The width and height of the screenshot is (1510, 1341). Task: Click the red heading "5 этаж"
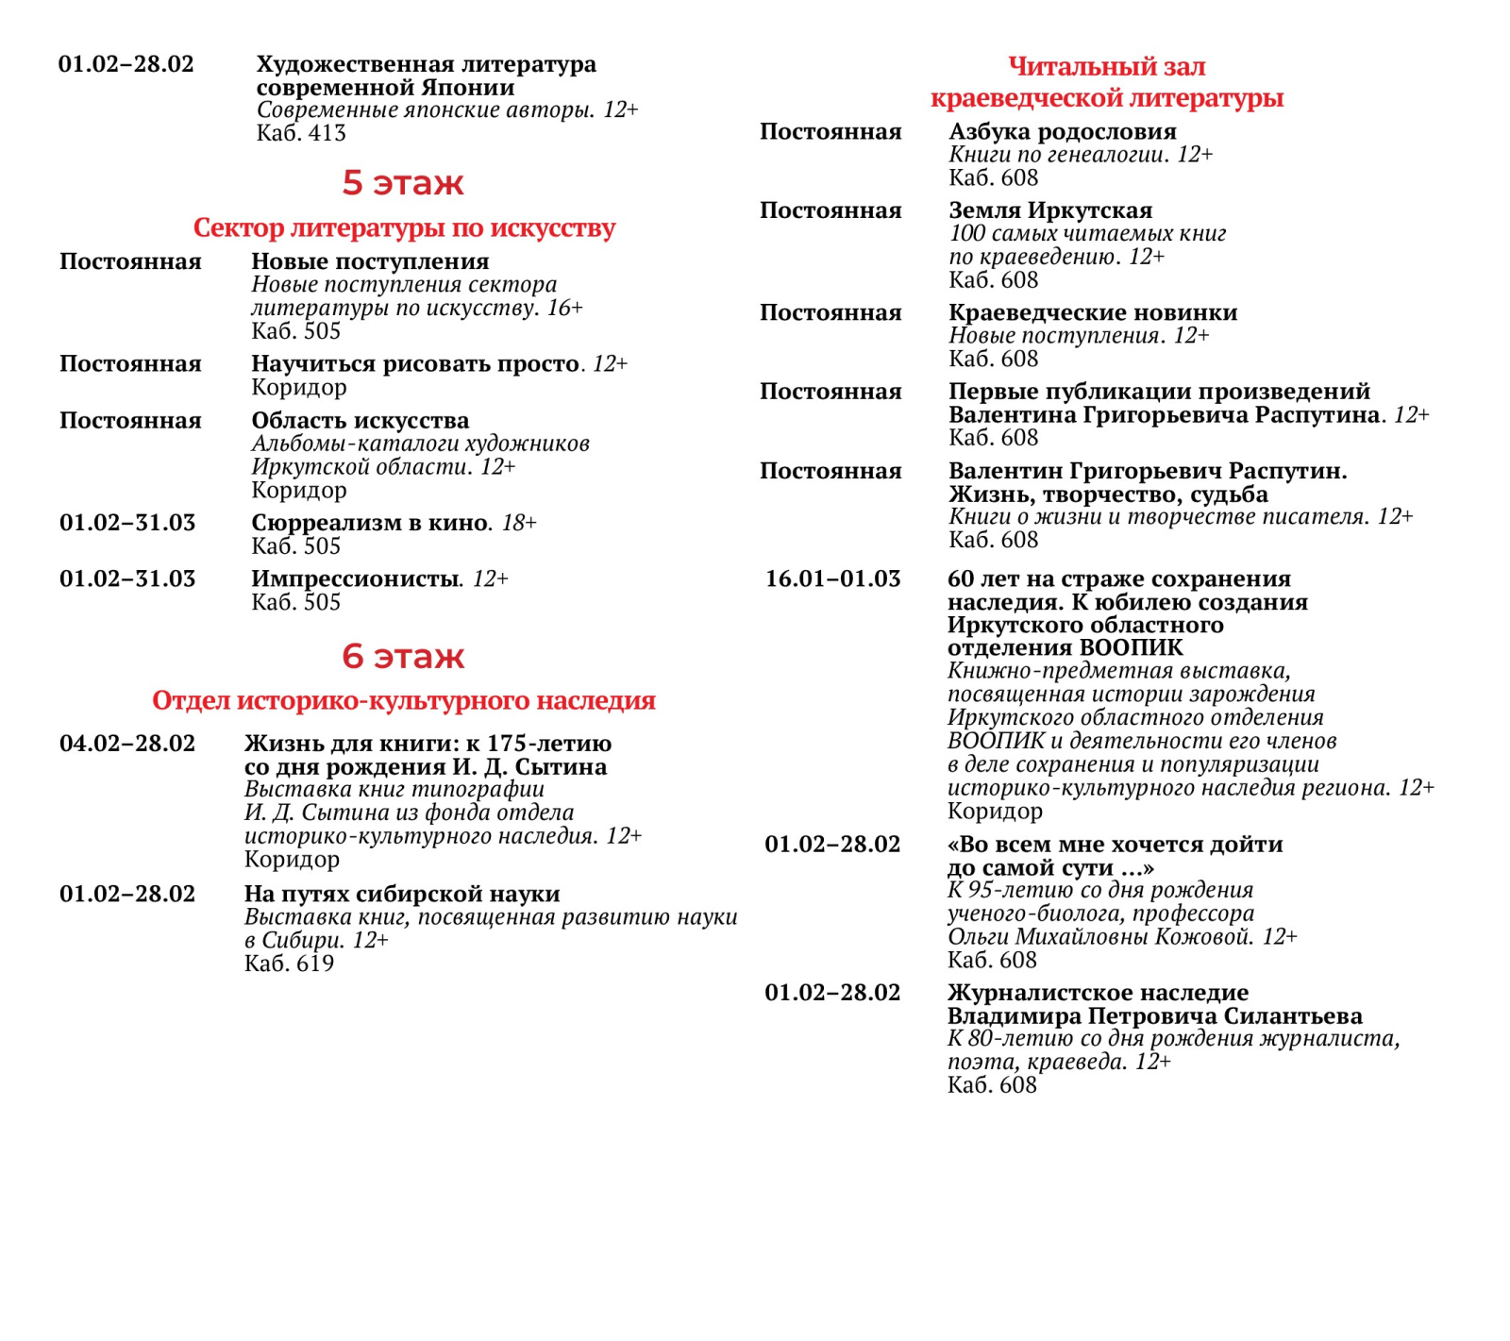coord(403,182)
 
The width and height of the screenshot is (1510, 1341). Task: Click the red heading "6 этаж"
coord(403,656)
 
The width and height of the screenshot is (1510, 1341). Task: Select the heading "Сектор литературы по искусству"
coord(404,227)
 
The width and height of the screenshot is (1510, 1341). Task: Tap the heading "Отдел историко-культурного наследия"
coord(404,700)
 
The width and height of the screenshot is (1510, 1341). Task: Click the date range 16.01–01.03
coord(832,578)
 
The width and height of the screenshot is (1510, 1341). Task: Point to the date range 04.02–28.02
coord(127,744)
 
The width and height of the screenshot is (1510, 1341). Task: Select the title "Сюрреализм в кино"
coord(371,523)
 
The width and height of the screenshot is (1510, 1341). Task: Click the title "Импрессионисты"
coord(355,578)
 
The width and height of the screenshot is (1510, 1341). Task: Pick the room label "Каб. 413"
coord(301,133)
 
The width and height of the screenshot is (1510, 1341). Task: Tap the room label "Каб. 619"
coord(289,964)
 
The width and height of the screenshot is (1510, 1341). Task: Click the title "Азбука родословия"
coord(1063,132)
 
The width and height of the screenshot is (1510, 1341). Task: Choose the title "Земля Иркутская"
coord(1050,210)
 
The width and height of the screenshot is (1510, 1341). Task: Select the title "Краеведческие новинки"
coord(1093,312)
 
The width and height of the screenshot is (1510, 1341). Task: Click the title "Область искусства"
coord(360,420)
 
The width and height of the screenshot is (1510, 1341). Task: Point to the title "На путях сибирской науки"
coord(402,894)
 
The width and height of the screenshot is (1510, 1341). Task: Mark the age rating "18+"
coord(519,523)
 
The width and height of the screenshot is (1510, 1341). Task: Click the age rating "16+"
coord(565,308)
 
